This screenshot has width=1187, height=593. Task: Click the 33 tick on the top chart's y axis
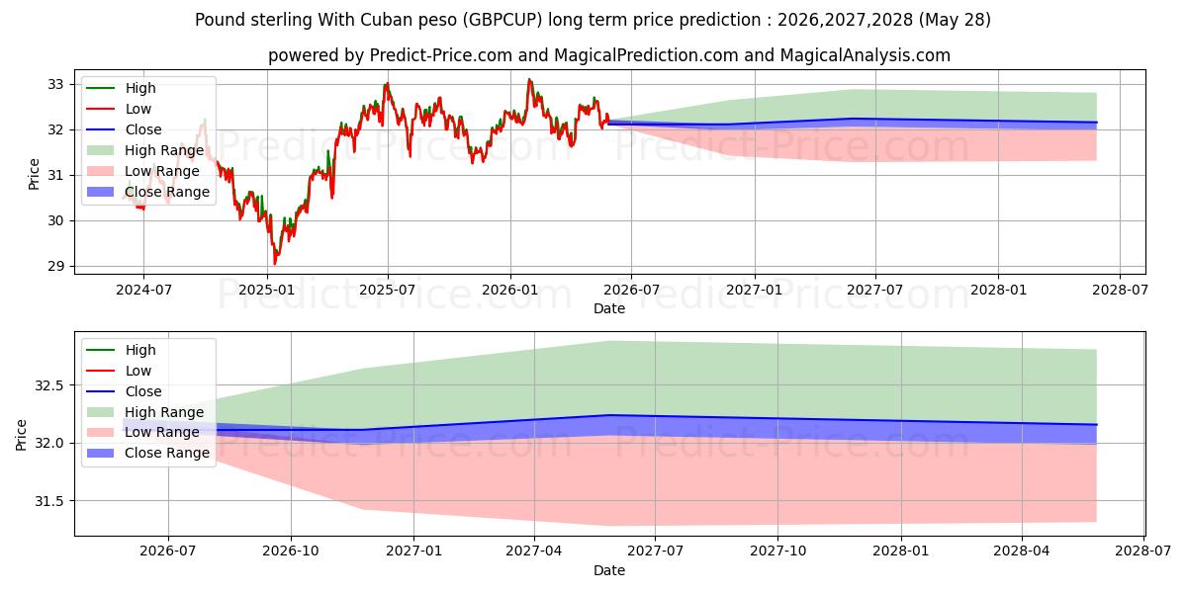(55, 85)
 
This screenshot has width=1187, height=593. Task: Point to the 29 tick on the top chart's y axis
(55, 266)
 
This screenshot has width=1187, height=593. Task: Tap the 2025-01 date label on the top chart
(266, 291)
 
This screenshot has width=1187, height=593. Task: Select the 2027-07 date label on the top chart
(874, 291)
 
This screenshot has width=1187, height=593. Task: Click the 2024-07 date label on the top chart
(143, 291)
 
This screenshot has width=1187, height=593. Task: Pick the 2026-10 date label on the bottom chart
(291, 551)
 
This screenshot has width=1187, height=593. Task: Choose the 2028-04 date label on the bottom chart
(1022, 551)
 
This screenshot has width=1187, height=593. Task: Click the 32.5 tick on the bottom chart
(49, 385)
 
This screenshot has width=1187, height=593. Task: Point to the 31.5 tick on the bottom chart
(49, 501)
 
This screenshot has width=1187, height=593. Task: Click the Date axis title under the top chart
(609, 308)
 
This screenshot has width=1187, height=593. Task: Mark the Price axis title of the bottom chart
(21, 435)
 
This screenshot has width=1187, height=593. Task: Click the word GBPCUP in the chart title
(502, 20)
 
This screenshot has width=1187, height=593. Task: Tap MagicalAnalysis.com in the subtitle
(866, 55)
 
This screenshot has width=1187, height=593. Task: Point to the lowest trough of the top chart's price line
(275, 264)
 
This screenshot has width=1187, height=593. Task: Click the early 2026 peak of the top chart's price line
(529, 80)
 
